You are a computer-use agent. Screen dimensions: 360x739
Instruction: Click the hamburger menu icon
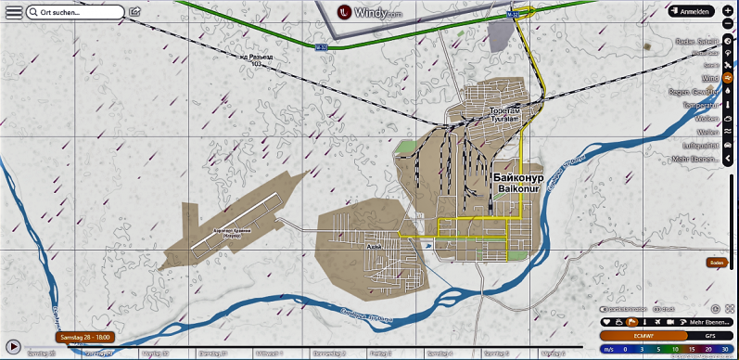point(13,13)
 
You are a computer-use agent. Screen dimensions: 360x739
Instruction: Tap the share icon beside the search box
point(135,12)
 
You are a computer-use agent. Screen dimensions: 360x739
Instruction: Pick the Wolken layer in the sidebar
point(707,119)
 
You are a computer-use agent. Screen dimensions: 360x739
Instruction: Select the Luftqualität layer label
point(701,146)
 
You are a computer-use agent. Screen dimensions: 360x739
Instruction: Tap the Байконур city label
point(518,175)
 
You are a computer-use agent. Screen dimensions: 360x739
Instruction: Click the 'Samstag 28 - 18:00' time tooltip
point(84,336)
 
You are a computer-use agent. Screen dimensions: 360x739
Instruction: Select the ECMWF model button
point(631,335)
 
